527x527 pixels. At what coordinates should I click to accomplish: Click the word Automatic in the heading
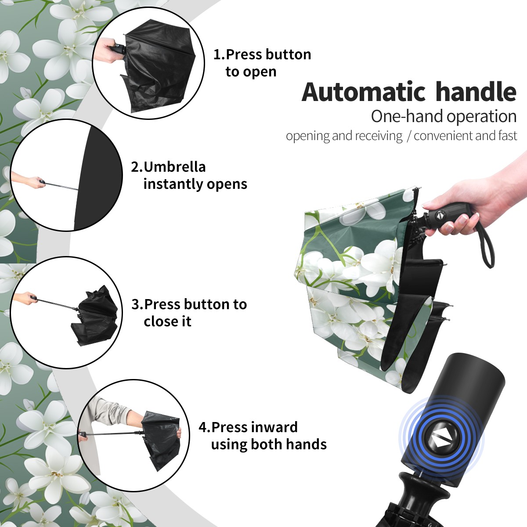point(364,92)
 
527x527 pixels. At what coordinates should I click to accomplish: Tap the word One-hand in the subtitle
point(407,116)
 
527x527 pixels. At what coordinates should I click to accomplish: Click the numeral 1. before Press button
point(219,54)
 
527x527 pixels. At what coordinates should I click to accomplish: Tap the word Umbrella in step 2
point(174,167)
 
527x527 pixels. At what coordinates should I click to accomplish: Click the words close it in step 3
point(167,321)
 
